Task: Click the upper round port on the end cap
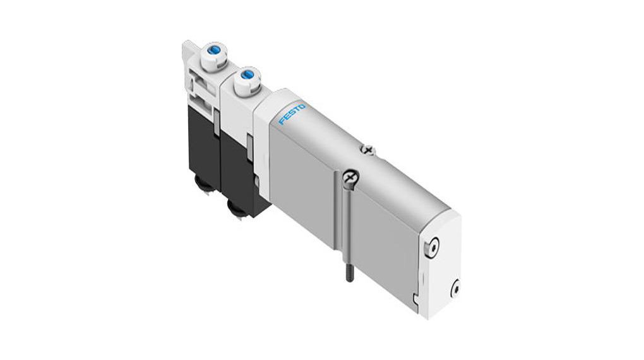coord(432,247)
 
